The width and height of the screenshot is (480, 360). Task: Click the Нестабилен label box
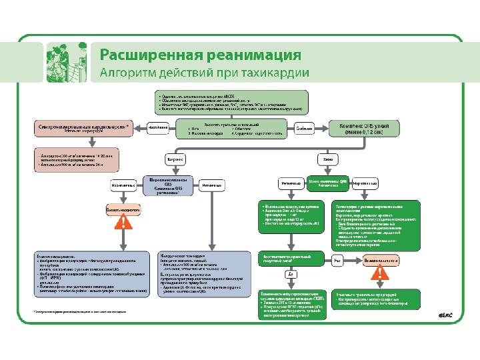(x=157, y=127)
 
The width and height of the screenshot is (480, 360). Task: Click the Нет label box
(x=338, y=261)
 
